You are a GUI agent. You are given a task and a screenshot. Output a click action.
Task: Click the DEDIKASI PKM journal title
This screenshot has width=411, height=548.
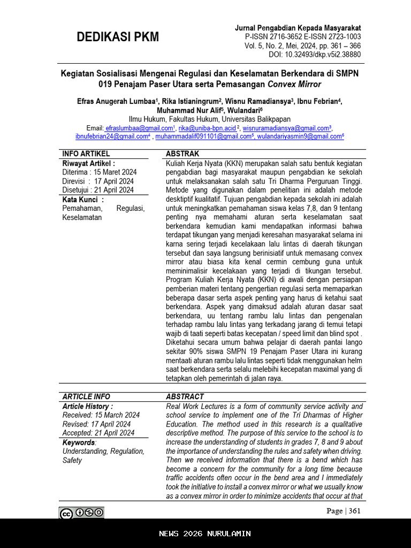coord(118,37)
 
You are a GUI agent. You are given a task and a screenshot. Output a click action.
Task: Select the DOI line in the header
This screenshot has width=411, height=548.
coord(315,55)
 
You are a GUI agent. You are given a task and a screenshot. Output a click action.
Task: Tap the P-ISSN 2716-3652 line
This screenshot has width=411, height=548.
coord(303,36)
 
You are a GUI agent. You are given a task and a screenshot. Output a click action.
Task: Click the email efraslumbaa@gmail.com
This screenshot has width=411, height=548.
coord(140,128)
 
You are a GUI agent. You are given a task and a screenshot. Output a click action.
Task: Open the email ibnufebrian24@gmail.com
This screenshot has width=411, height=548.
coord(112,136)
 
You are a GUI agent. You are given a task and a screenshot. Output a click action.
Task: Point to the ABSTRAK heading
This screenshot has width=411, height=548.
coord(182,154)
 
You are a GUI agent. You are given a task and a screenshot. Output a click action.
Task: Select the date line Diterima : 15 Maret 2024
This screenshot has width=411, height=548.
coord(99,172)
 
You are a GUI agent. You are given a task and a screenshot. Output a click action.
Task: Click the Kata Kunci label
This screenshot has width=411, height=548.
coord(83,200)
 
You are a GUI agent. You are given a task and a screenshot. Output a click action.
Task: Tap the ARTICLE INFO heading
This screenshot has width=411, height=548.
coord(86,397)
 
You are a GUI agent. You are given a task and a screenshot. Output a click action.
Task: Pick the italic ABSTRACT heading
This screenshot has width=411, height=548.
coord(185,397)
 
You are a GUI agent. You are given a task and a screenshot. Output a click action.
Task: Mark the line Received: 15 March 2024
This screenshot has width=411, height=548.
coord(101,415)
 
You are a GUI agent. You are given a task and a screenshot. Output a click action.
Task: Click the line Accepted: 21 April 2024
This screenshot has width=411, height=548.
coord(98,433)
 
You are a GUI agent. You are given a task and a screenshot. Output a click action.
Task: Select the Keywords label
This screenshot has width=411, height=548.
coord(79,443)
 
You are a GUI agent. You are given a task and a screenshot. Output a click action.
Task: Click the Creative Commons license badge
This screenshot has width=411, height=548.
coord(82,513)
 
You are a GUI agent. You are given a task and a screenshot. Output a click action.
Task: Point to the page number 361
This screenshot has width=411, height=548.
coord(354,511)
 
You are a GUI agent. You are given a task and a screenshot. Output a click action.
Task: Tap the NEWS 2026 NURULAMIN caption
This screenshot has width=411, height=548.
coord(205,534)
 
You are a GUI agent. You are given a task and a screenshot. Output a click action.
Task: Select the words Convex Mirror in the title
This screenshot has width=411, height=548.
coord(294,84)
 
